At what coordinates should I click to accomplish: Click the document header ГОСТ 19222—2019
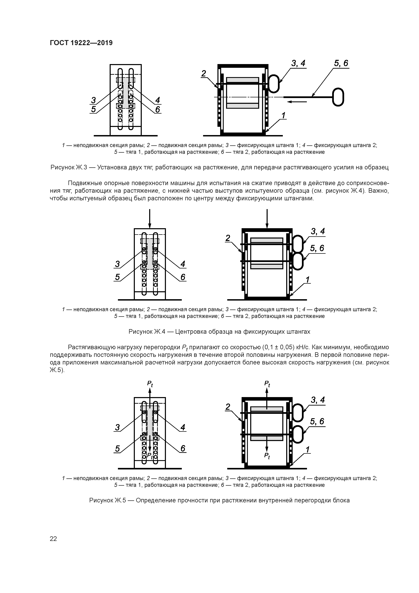tap(81, 43)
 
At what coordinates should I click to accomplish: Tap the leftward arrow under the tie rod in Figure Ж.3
tap(297, 102)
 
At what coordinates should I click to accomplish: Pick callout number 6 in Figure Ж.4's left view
tap(183, 277)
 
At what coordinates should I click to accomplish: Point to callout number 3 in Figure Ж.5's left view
tap(117, 428)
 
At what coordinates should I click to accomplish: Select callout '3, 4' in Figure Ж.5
tap(317, 400)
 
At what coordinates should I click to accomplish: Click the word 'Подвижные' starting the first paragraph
tap(83, 183)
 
